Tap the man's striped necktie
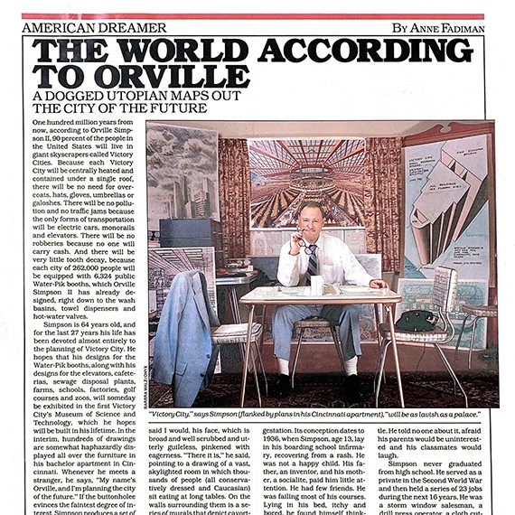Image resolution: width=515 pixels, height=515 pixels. point(312,259)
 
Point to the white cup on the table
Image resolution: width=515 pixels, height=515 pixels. point(317,286)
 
